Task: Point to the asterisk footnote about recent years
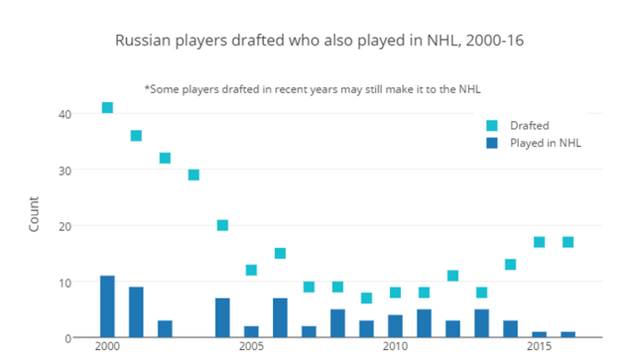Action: [x=324, y=89]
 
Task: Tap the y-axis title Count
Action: [x=34, y=213]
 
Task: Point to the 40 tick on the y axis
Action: [x=65, y=114]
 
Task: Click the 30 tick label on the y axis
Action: [x=65, y=170]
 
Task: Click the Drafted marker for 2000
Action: [x=107, y=108]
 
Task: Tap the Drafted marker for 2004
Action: [x=222, y=226]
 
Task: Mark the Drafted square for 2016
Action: [x=568, y=242]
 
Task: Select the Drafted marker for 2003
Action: [x=193, y=175]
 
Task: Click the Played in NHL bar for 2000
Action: [x=107, y=307]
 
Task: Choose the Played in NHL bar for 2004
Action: [x=222, y=318]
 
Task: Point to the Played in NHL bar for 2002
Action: [x=164, y=329]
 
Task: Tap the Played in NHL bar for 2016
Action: [x=568, y=334]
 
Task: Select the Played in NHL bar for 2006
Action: [x=280, y=318]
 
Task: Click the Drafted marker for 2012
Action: [x=452, y=276]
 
